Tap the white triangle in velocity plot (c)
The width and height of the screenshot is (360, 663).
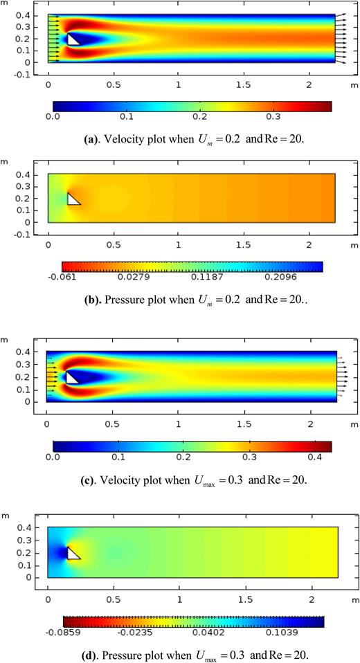(x=71, y=379)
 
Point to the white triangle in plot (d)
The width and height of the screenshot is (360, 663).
(x=72, y=554)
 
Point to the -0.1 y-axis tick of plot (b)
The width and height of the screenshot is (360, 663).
(x=21, y=235)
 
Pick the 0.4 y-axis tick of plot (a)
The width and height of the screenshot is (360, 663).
(x=23, y=15)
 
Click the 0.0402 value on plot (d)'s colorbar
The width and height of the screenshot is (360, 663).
(x=219, y=631)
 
